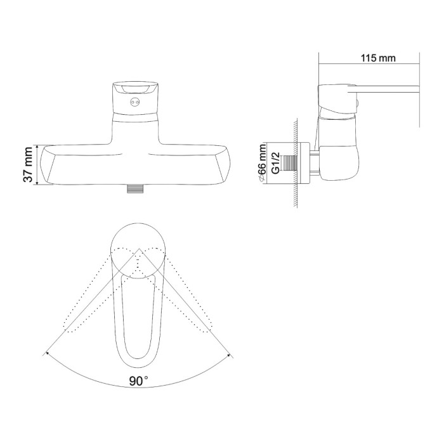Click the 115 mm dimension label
(x=378, y=58)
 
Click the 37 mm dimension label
(x=29, y=165)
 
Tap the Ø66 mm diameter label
(x=263, y=162)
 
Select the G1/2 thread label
(x=275, y=162)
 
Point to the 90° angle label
(x=139, y=381)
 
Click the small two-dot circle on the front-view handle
(x=134, y=102)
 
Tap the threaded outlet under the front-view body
(x=134, y=189)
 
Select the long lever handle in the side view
(x=383, y=89)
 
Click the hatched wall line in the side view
(x=295, y=163)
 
